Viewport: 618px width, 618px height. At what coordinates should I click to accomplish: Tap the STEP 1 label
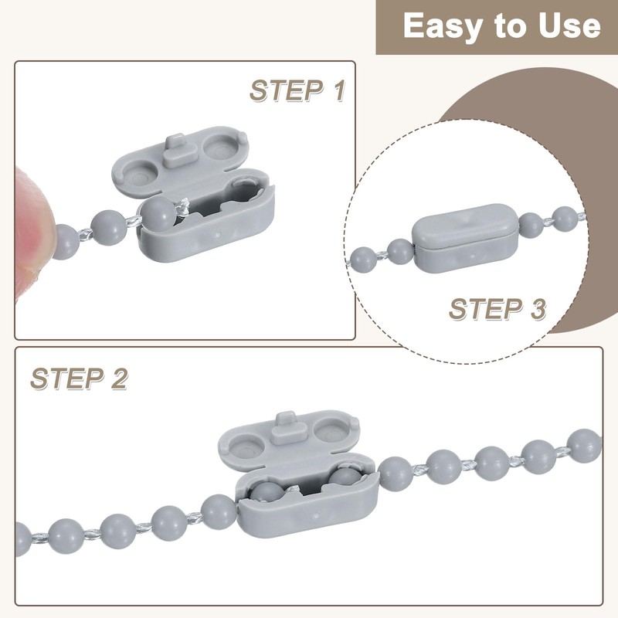pyautogui.click(x=297, y=90)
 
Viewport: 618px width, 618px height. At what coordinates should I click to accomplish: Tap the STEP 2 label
pyautogui.click(x=80, y=379)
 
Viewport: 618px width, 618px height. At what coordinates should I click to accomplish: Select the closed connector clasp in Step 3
pyautogui.click(x=466, y=237)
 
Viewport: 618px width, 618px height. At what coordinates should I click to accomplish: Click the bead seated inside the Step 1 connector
pyautogui.click(x=159, y=214)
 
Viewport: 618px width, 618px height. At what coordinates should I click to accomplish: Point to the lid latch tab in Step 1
pyautogui.click(x=176, y=150)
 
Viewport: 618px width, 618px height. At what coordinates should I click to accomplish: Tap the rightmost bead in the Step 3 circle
pyautogui.click(x=565, y=219)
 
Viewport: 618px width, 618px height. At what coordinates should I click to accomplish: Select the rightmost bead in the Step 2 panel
pyautogui.click(x=584, y=447)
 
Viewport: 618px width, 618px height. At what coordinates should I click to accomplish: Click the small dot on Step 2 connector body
pyautogui.click(x=317, y=515)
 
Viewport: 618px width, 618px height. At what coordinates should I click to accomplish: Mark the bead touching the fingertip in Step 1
pyautogui.click(x=66, y=242)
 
